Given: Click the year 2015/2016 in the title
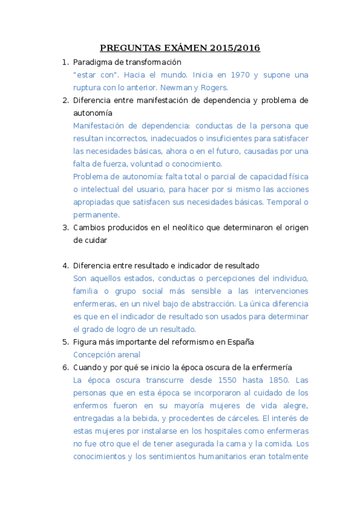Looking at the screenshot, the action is (x=236, y=48).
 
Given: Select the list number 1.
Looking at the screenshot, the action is (x=66, y=62).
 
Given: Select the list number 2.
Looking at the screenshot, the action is (x=66, y=100).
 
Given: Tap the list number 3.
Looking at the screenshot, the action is (x=66, y=227).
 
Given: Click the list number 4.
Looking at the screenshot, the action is (x=66, y=265).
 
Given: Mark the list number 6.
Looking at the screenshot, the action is (x=66, y=367).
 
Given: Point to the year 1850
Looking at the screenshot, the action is (x=277, y=380).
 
